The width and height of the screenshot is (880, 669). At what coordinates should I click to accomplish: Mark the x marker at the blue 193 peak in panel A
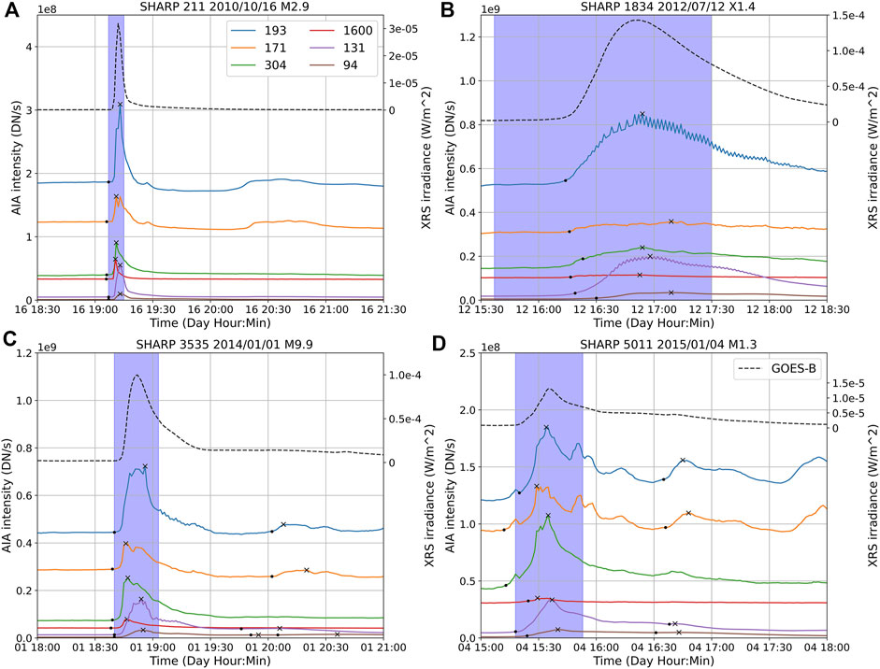pyautogui.click(x=121, y=105)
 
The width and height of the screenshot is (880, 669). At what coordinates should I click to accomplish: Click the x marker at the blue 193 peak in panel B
pyautogui.click(x=642, y=114)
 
